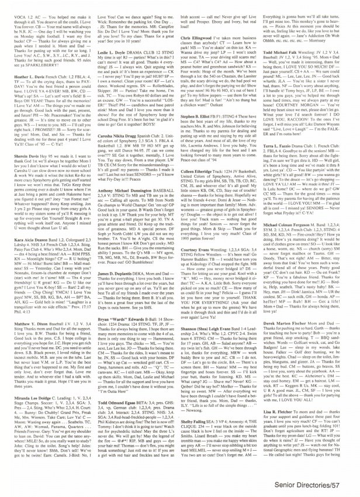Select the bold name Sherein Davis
pos(20,173)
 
